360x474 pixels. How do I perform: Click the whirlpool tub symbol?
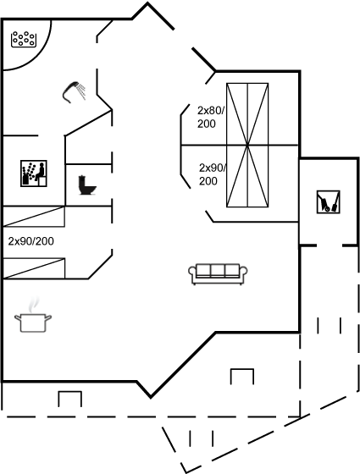23,39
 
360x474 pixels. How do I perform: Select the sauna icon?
34,174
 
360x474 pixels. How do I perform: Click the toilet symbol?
86,185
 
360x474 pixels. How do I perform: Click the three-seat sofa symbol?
218,274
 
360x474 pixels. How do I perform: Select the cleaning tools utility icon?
329,201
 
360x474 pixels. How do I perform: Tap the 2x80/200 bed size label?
211,117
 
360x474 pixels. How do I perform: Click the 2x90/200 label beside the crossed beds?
213,174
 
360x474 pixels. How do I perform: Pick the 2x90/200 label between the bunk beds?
31,241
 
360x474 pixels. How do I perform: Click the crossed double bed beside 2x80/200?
247,114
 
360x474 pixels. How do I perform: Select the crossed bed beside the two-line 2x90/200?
247,177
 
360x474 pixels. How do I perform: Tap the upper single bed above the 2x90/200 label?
33,217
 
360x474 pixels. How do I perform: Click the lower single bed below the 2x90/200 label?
33,268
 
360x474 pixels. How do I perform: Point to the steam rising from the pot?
34,305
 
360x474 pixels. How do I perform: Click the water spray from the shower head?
81,91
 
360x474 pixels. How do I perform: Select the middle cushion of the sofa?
218,270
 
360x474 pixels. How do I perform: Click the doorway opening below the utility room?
330,245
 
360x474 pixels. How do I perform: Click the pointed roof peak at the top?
147,3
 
